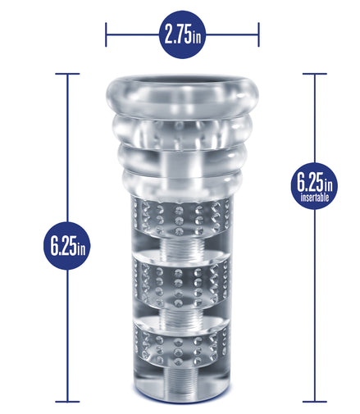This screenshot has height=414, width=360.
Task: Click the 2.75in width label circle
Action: click(182, 34)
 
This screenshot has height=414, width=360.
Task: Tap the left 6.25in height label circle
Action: click(67, 246)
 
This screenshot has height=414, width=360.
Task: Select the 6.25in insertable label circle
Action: click(314, 185)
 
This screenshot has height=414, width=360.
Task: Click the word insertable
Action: click(314, 197)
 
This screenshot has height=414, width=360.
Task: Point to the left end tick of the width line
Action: click(106, 34)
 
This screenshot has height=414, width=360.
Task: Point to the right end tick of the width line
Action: click(258, 34)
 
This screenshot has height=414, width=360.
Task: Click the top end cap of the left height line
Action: click(67, 74)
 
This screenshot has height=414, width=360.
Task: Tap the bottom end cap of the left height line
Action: click(67, 402)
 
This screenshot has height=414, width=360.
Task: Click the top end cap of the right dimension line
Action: click(315, 74)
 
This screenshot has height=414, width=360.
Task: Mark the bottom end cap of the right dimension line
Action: click(315, 402)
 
